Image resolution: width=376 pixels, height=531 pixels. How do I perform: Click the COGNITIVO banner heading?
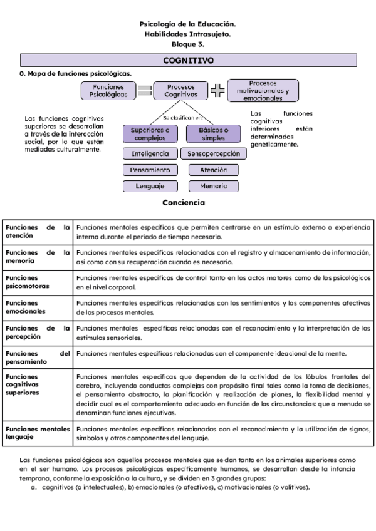tap(188, 61)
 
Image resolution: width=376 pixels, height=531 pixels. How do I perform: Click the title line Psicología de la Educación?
tap(188, 24)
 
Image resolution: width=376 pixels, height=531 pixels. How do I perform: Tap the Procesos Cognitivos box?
tap(180, 91)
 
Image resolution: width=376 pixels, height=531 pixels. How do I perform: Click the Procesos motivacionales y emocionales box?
tap(263, 90)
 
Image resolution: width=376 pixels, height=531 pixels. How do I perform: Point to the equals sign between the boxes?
tap(145, 91)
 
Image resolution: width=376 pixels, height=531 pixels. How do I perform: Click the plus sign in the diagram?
tap(217, 91)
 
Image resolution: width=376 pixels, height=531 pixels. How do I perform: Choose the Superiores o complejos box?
tap(150, 134)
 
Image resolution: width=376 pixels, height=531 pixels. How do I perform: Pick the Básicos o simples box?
tap(213, 134)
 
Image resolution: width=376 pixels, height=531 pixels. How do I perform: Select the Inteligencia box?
tap(150, 153)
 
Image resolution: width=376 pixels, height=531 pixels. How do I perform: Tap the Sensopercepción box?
tap(213, 153)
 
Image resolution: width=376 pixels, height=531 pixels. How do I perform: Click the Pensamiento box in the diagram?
tap(150, 170)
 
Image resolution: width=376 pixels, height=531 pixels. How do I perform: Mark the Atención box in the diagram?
tap(213, 170)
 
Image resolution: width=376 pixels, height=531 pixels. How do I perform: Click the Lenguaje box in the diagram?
tap(150, 186)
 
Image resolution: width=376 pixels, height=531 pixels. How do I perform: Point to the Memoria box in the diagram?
tap(213, 186)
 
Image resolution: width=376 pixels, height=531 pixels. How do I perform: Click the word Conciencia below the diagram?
tap(183, 202)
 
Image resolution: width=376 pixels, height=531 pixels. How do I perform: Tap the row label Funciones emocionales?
tap(25, 307)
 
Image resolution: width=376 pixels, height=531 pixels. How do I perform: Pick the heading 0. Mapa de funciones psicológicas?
tap(76, 73)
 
